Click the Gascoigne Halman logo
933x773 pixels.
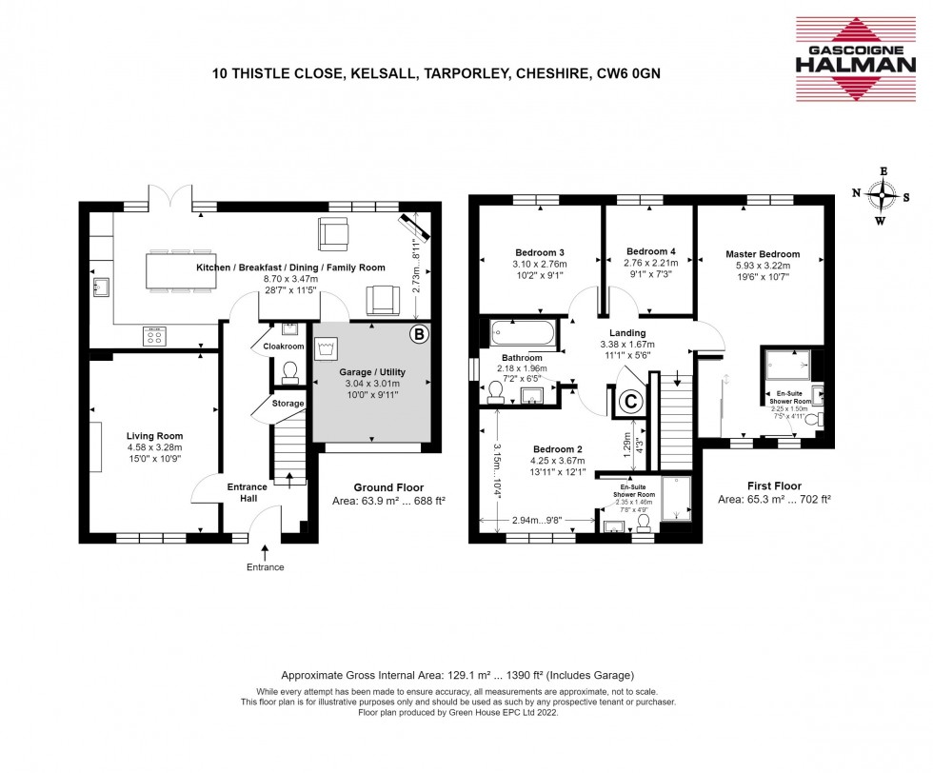tap(857, 58)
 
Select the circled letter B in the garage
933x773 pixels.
tap(417, 334)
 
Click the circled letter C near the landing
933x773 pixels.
tap(629, 403)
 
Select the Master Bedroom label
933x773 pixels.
tap(762, 254)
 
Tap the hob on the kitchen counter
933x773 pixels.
tap(153, 335)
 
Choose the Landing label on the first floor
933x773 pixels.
tap(623, 332)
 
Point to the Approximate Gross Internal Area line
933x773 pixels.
tap(466, 671)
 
